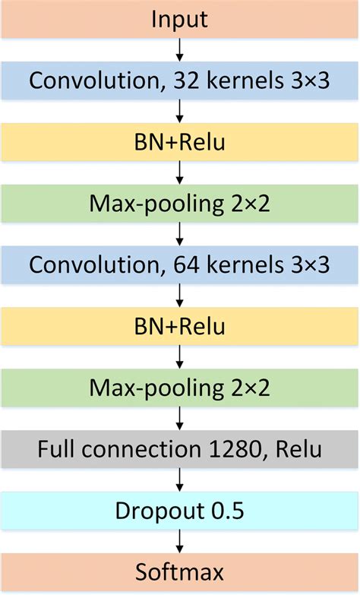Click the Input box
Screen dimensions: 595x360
[180, 20]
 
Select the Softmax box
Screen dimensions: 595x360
[180, 571]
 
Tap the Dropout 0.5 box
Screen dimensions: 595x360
[180, 510]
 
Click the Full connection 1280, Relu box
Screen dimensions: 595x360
[180, 448]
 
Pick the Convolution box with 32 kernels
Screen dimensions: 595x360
[180, 81]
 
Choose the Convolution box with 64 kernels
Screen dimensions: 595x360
[180, 264]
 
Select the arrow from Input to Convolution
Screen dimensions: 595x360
[180, 49]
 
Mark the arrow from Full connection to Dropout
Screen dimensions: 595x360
[180, 479]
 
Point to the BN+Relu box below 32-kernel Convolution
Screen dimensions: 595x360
[180, 142]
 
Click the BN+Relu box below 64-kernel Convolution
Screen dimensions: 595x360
[180, 326]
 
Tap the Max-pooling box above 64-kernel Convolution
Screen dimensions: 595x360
[180, 203]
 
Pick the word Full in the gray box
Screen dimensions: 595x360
[55, 448]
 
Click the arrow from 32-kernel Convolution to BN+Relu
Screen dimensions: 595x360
[180, 111]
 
